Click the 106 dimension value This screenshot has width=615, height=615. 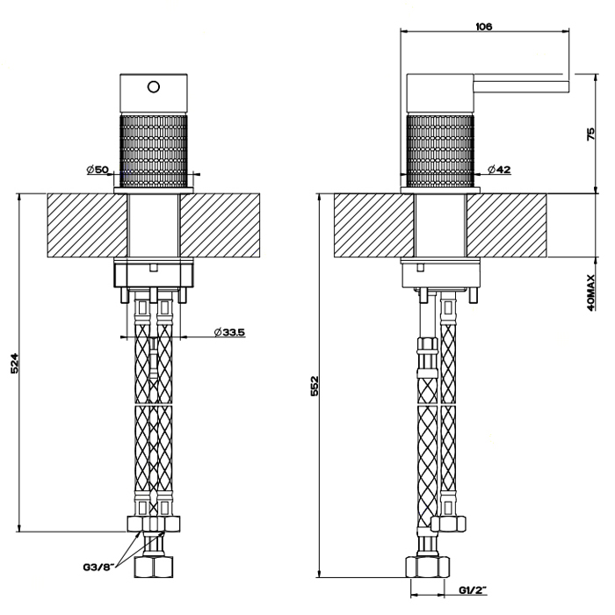coord(483,26)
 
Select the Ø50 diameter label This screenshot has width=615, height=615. coord(97,169)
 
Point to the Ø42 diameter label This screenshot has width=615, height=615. coord(498,169)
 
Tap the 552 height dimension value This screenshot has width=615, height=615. coord(314,385)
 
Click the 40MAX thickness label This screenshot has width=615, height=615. coord(591,293)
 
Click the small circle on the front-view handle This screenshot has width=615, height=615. coord(155,87)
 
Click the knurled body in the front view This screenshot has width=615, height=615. coord(155,148)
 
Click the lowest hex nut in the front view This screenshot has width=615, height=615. coord(155,566)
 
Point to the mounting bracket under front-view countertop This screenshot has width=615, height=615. coord(155,275)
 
